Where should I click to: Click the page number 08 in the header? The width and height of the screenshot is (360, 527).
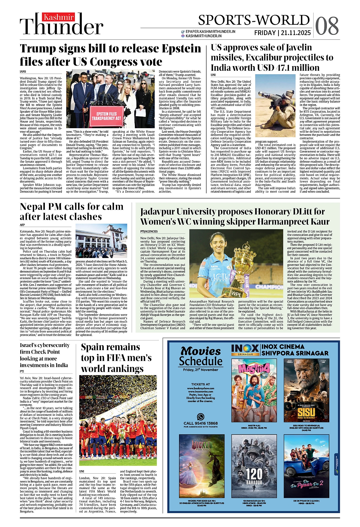pyautogui.click(x=327, y=26)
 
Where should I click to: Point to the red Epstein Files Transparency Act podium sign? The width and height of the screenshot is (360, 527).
pyautogui.click(x=107, y=116)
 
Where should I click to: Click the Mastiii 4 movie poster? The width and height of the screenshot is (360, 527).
pyautogui.click(x=254, y=391)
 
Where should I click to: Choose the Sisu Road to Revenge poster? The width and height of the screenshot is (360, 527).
pyautogui.click(x=306, y=391)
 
